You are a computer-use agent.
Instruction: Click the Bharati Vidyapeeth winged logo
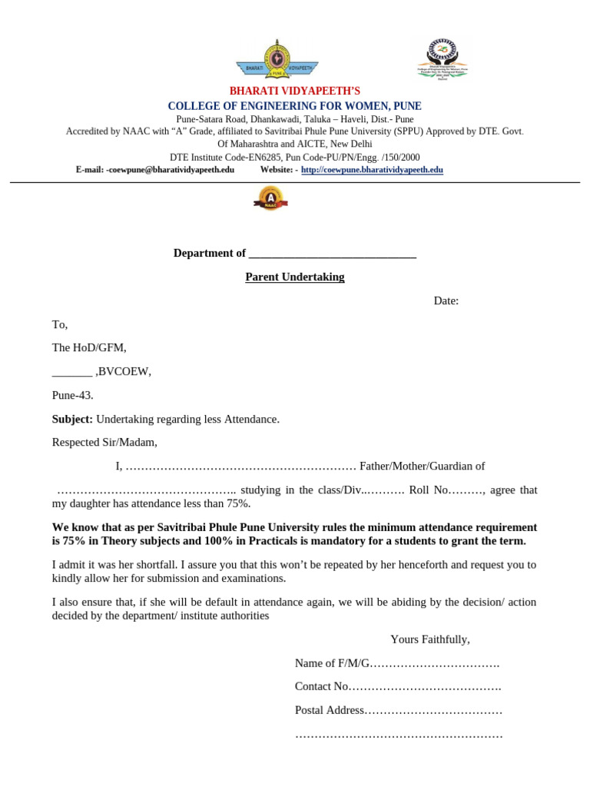[277, 60]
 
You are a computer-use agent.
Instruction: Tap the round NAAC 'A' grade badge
[270, 199]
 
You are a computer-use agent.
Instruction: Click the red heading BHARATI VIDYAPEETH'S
[295, 91]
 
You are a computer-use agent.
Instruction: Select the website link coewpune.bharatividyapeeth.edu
[372, 170]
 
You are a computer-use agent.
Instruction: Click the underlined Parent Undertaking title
[295, 277]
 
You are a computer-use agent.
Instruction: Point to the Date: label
[446, 301]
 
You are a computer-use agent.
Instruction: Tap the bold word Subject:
[72, 419]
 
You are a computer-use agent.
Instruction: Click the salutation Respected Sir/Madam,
[104, 442]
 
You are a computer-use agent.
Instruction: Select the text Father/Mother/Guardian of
[422, 466]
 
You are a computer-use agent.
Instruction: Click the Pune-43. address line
[73, 395]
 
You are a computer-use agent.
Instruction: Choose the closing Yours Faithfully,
[430, 639]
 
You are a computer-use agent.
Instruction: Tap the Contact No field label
[322, 686]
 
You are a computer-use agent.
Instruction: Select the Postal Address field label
[329, 710]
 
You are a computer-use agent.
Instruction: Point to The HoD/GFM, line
[89, 347]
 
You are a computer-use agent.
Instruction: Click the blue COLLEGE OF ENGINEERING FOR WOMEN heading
[295, 106]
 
